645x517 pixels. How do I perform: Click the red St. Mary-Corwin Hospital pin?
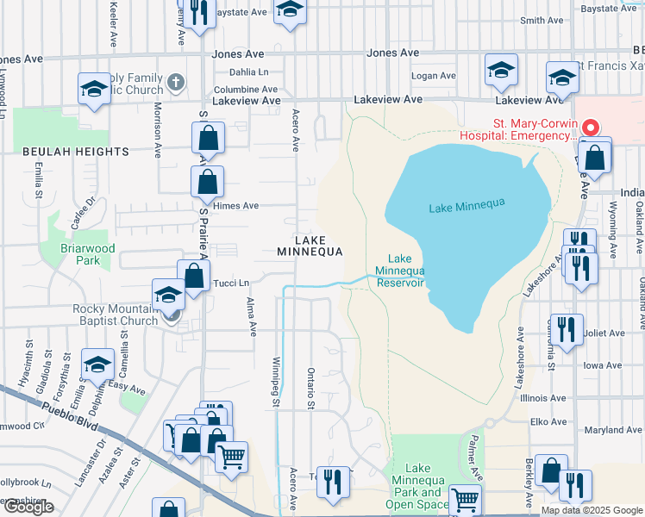591,127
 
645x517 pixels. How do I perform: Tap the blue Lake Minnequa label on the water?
466,206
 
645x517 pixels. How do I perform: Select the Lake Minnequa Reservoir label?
399,271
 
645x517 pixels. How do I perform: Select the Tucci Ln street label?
231,283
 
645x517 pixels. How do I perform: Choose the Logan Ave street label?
434,76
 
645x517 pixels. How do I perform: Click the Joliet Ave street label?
604,333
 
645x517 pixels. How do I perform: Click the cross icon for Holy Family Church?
175,84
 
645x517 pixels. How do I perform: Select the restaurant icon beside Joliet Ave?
566,329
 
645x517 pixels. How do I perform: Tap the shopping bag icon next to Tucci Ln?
194,276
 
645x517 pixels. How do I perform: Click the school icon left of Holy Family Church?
94,88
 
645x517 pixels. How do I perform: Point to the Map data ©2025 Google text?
591,510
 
